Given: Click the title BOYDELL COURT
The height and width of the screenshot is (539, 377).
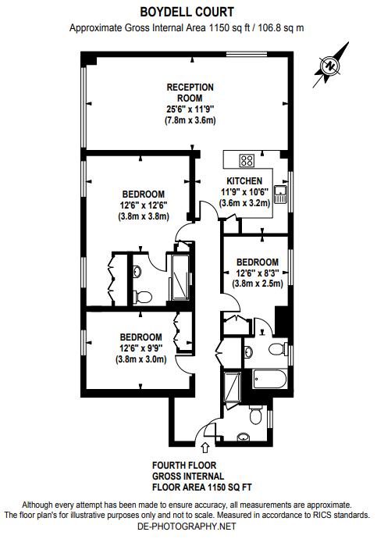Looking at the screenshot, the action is (x=187, y=12).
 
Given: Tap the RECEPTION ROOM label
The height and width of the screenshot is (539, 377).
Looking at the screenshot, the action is (x=190, y=92).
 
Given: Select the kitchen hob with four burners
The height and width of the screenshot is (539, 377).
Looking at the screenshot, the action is (x=247, y=160).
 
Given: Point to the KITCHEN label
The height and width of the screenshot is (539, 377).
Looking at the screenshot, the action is (x=244, y=180).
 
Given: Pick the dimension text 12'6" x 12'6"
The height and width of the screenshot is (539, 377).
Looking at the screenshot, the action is (x=144, y=205).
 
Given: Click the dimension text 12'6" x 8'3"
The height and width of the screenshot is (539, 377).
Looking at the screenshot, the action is (x=257, y=273).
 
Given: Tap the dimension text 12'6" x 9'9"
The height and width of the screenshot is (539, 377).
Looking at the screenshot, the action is (x=141, y=348).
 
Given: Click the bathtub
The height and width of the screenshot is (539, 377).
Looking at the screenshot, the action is (x=269, y=379).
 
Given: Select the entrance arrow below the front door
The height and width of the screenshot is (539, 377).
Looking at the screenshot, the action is (x=205, y=448).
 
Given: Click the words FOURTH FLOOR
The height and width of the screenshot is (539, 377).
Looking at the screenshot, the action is (x=184, y=466).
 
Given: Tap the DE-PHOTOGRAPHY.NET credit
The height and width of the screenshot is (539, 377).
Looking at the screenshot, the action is (x=187, y=527).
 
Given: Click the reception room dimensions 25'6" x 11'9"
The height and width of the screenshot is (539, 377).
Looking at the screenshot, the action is (x=190, y=109).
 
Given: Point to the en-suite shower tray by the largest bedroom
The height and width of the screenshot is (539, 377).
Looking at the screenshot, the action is (x=180, y=277).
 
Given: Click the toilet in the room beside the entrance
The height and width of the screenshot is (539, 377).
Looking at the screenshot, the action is (x=255, y=416).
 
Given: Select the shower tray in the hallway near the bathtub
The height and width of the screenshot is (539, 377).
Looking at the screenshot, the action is (x=232, y=387).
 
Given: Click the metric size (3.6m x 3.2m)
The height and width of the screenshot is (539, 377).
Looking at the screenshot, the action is (x=245, y=203).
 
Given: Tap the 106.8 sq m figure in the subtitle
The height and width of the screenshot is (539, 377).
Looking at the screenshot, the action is (x=281, y=28).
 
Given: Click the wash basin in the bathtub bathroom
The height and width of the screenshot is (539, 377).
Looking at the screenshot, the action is (x=248, y=352).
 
